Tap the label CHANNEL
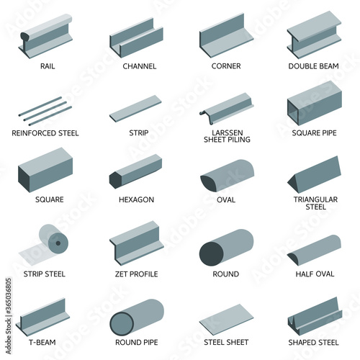coord(140,66)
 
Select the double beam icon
coord(314,35)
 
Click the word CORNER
coord(226,66)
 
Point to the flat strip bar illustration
coord(135,109)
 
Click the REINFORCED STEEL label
coord(45,133)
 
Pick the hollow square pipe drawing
coord(315,104)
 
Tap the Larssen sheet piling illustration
coord(227,109)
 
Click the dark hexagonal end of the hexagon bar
coord(115,180)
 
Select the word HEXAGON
coord(136,199)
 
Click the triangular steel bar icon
coord(314,175)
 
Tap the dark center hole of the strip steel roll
coord(58,243)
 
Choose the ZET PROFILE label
coord(136,274)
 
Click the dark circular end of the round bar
coord(211,254)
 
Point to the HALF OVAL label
coord(315,274)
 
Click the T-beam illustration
coord(43,317)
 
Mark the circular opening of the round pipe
coord(122,323)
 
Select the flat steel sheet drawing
coord(226,320)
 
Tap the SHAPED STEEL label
coord(313,342)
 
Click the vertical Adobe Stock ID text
coord(9,316)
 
